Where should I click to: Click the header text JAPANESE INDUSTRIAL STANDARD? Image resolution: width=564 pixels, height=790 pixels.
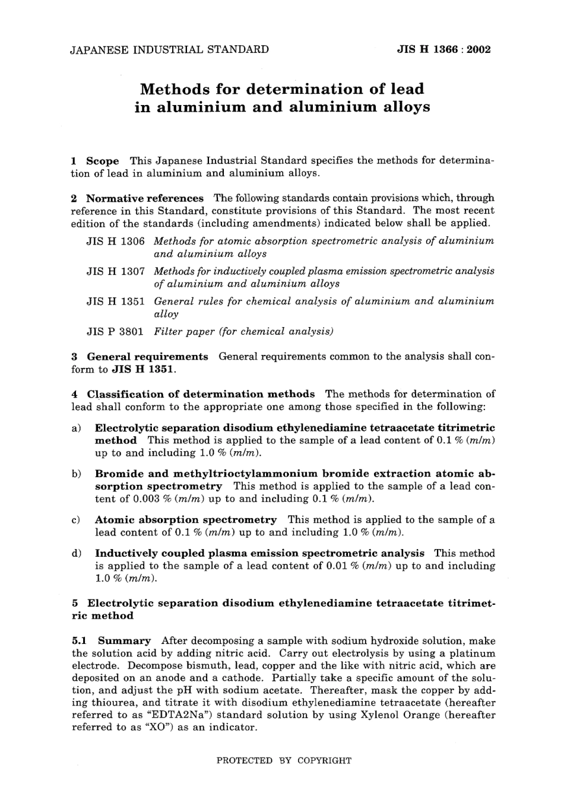[x=170, y=49]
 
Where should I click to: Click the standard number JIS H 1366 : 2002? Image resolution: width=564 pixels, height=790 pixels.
[x=443, y=49]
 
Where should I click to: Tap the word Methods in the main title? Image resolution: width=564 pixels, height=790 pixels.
[x=175, y=90]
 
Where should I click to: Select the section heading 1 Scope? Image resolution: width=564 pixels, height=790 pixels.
[x=95, y=161]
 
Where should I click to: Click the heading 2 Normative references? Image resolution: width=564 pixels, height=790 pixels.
[x=137, y=198]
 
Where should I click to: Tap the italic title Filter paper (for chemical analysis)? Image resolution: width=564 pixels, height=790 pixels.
[x=243, y=331]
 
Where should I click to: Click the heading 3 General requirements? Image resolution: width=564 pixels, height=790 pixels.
[x=140, y=357]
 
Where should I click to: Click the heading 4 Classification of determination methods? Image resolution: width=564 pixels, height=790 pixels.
[x=193, y=394]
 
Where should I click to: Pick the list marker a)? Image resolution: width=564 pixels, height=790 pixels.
[x=76, y=428]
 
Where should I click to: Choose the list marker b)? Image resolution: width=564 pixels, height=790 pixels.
[x=76, y=474]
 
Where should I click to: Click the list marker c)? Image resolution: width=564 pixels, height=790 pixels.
[x=76, y=520]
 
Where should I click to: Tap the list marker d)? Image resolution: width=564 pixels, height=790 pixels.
[x=76, y=553]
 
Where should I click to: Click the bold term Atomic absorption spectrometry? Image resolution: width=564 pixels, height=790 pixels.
[x=186, y=520]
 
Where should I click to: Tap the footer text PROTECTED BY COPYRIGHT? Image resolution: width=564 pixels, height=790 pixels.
[x=284, y=760]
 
